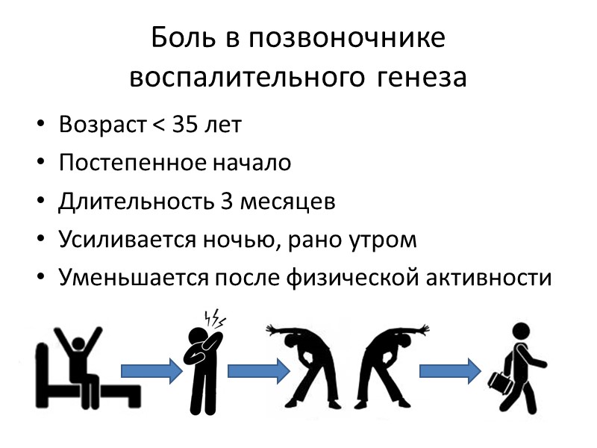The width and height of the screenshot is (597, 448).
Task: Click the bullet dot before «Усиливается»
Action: pos(41,240)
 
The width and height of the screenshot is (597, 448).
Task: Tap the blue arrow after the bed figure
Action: pos(151,369)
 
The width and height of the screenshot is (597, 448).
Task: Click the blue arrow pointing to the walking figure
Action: pos(449,369)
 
